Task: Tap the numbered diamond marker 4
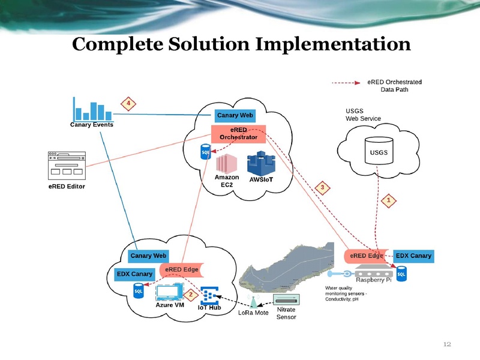pyautogui.click(x=128, y=103)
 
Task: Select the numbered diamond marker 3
pyautogui.click(x=322, y=188)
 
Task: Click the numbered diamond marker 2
pyautogui.click(x=190, y=295)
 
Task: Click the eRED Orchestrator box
pyautogui.click(x=239, y=133)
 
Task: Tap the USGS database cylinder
pyautogui.click(x=379, y=151)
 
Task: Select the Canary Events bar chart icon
pyautogui.click(x=92, y=109)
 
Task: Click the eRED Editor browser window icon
pyautogui.click(x=67, y=165)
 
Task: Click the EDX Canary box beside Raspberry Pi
pyautogui.click(x=413, y=256)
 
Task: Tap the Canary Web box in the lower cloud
pyautogui.click(x=149, y=256)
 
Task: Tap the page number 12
pyautogui.click(x=446, y=344)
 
